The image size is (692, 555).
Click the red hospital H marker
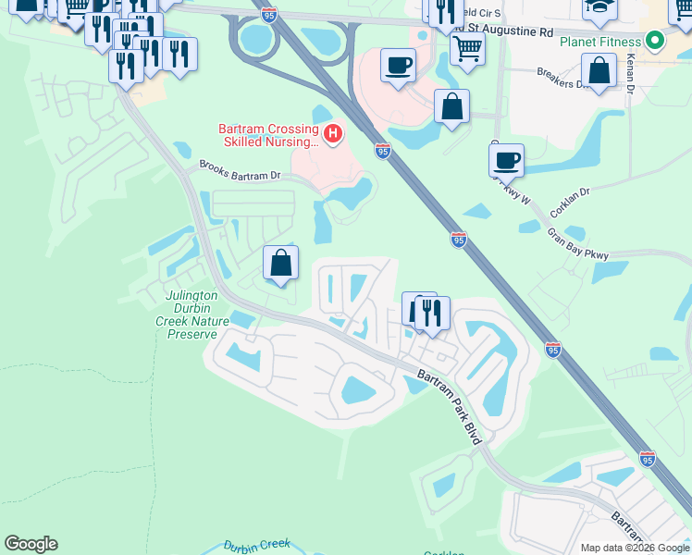pyautogui.click(x=332, y=135)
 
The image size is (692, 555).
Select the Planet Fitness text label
pyautogui.click(x=599, y=42)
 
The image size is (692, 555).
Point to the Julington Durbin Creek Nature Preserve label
pyautogui.click(x=192, y=314)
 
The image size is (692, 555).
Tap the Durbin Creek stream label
pyautogui.click(x=258, y=545)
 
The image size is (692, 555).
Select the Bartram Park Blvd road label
pyautogui.click(x=450, y=407)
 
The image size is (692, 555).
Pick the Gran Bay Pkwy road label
pyautogui.click(x=577, y=245)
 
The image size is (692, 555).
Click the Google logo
pyautogui.click(x=31, y=544)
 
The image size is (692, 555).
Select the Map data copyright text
pyautogui.click(x=634, y=548)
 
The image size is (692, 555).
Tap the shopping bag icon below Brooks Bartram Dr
pyautogui.click(x=281, y=263)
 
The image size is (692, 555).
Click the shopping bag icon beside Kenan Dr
pyautogui.click(x=599, y=71)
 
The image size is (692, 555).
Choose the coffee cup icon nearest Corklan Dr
pyautogui.click(x=506, y=160)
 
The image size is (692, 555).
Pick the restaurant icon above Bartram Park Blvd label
pyautogui.click(x=432, y=313)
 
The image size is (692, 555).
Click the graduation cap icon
pyautogui.click(x=599, y=8)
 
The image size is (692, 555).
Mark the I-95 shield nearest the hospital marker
pyautogui.click(x=382, y=150)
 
